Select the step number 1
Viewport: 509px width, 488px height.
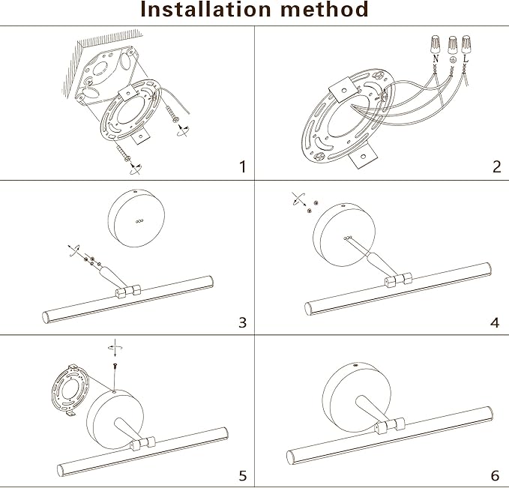point(241,166)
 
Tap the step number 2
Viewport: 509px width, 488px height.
point(496,166)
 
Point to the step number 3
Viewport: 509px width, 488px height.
point(241,322)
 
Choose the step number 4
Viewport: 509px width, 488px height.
point(495,322)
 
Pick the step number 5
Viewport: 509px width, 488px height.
point(241,476)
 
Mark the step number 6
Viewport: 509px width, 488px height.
point(495,476)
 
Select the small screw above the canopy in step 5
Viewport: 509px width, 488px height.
point(114,367)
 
